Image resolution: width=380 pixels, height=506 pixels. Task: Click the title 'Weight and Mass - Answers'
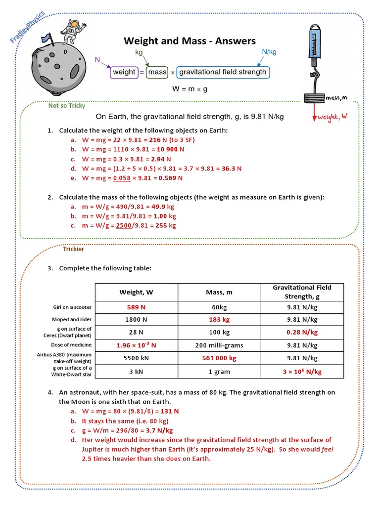190,41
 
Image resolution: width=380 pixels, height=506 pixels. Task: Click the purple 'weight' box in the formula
124,72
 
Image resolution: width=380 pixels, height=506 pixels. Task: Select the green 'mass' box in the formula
157,72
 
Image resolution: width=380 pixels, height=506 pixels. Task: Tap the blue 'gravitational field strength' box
223,72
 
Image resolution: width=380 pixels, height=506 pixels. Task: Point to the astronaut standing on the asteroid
74,29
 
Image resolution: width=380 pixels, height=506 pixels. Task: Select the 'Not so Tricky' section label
67,105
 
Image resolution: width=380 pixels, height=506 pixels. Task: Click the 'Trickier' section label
73,249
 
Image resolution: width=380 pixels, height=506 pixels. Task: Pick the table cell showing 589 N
136,307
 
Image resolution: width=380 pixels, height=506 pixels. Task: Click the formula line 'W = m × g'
190,89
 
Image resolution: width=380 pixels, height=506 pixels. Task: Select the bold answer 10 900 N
169,149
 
